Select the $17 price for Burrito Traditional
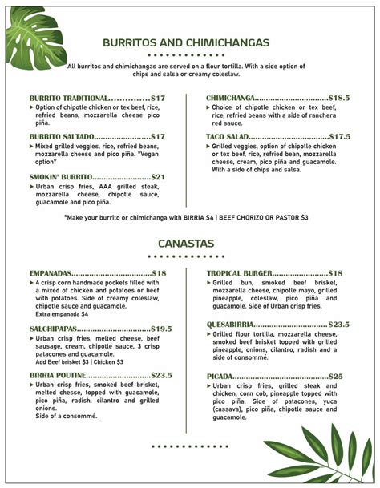tap(158, 98)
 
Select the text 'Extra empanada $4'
tap(62, 314)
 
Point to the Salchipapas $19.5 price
tap(161, 329)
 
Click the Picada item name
tap(221, 376)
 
